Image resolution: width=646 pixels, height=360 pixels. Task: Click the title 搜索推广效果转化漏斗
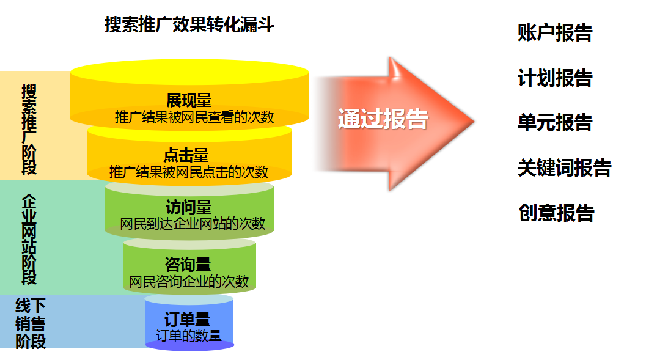(x=189, y=26)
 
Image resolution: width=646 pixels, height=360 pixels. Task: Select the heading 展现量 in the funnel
(x=189, y=100)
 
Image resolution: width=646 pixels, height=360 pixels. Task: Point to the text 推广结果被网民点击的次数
(x=189, y=171)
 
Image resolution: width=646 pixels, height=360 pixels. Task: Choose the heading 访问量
(x=189, y=207)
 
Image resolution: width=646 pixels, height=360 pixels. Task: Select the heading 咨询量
(x=188, y=265)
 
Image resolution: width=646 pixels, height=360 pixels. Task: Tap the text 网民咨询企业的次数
(x=189, y=281)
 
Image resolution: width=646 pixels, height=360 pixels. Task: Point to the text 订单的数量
(x=189, y=335)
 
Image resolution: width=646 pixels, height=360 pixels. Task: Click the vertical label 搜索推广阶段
(x=29, y=129)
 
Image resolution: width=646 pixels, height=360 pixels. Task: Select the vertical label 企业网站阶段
(x=29, y=239)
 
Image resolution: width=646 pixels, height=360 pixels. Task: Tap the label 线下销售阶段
(x=31, y=323)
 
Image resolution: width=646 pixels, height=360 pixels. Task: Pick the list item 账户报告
(x=555, y=33)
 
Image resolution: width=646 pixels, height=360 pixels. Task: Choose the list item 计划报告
(x=555, y=78)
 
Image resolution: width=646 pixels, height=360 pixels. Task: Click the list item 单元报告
(x=555, y=123)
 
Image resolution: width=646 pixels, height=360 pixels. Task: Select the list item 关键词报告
(x=564, y=168)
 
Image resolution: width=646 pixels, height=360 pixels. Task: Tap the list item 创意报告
(x=556, y=213)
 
